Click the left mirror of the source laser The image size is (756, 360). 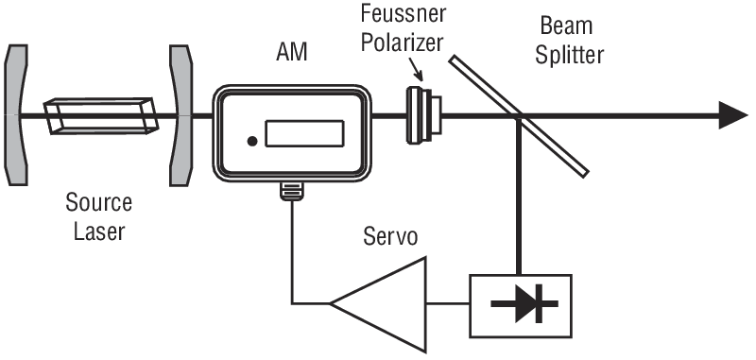18,115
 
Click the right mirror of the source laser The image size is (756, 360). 180,115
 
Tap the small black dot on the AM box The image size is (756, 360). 251,142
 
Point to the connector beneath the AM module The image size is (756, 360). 291,192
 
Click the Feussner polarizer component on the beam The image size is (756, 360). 421,115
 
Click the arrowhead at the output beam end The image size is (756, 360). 732,115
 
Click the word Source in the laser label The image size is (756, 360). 99,203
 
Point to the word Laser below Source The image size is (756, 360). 99,230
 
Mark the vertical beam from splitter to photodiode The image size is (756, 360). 519,198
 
